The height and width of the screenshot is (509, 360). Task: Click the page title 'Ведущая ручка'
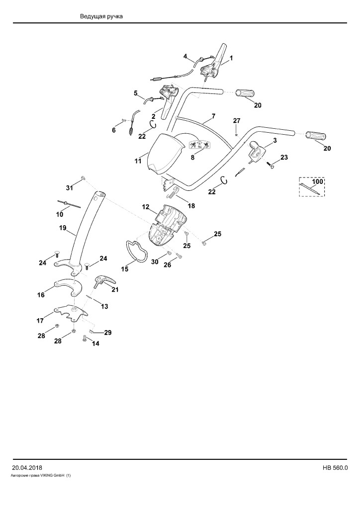pyautogui.click(x=101, y=16)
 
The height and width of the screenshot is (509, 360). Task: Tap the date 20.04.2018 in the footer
pyautogui.click(x=27, y=468)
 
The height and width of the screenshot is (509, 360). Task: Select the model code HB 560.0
pyautogui.click(x=335, y=468)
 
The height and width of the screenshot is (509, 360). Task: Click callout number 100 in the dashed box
pyautogui.click(x=317, y=182)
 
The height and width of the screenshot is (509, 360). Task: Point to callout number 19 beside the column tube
pyautogui.click(x=63, y=228)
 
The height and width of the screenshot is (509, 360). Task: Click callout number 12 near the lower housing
pyautogui.click(x=145, y=207)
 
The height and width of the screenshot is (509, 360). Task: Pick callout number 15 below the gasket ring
pyautogui.click(x=125, y=269)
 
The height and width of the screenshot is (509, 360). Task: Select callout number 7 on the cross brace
pyautogui.click(x=213, y=116)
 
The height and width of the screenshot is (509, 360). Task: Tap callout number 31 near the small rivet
pyautogui.click(x=70, y=187)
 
